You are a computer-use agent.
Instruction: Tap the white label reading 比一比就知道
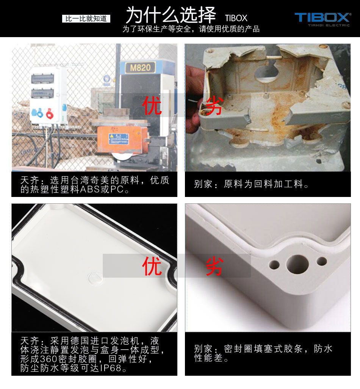(x=86, y=19)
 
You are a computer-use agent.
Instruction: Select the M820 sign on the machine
(x=140, y=67)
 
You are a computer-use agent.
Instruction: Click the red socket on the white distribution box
(x=49, y=113)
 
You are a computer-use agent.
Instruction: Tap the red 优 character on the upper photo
(x=152, y=105)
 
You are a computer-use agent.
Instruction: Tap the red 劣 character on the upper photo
(x=215, y=105)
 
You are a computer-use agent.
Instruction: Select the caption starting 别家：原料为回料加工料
(x=251, y=184)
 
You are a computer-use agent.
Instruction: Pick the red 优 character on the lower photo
(x=152, y=266)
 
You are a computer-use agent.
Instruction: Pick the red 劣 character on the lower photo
(x=215, y=266)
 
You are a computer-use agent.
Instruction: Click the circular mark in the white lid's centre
(x=95, y=278)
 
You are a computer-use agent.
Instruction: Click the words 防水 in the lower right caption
(x=323, y=348)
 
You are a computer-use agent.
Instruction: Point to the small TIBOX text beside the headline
(x=236, y=18)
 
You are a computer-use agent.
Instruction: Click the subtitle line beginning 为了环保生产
(x=191, y=29)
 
